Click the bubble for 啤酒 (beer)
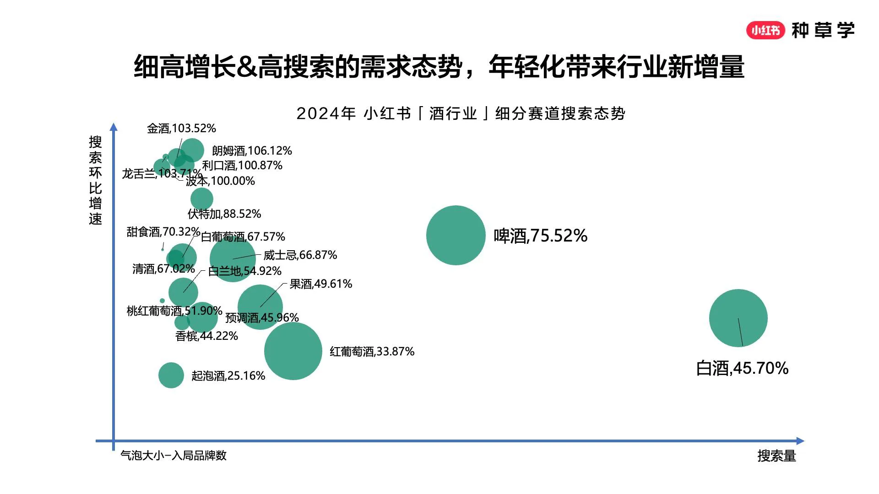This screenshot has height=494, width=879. tap(456, 235)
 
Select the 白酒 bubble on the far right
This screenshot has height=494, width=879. tap(738, 318)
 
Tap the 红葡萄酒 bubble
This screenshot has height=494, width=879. tap(293, 351)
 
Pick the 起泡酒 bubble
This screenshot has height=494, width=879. tap(171, 375)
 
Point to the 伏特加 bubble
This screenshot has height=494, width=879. tap(201, 199)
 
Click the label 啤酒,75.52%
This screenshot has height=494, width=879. tap(540, 236)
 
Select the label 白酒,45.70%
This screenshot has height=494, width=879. tap(742, 368)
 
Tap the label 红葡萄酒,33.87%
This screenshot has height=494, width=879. tap(372, 352)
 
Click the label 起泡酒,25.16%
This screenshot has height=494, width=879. tap(228, 376)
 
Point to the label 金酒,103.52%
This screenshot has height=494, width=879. tap(181, 129)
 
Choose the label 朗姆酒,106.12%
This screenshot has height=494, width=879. tap(252, 151)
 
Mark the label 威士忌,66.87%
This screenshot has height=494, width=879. tap(300, 255)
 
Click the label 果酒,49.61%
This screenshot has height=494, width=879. tap(320, 284)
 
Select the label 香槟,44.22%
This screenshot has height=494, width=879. tap(206, 336)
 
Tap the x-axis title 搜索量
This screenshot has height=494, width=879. tap(776, 456)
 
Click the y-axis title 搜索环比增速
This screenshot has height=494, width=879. tap(95, 180)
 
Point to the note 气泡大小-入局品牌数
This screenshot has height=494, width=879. tap(174, 456)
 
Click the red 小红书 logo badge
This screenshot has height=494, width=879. tap(765, 30)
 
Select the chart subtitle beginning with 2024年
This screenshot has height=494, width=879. tap(461, 113)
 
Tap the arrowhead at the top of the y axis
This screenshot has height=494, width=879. tap(114, 127)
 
